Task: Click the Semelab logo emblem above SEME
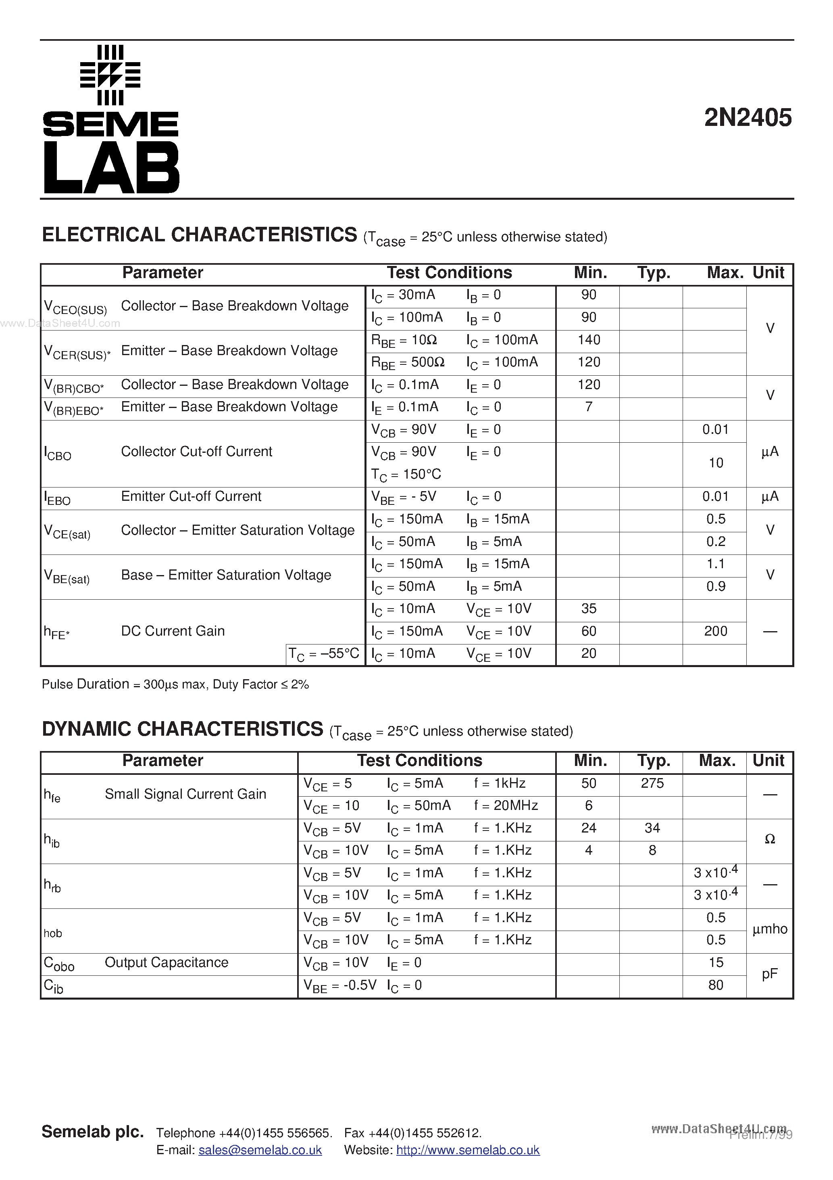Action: (x=110, y=75)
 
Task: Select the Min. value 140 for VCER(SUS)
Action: (x=589, y=340)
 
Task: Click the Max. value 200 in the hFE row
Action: (x=715, y=631)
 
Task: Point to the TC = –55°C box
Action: (x=324, y=654)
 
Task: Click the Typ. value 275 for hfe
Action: (x=652, y=783)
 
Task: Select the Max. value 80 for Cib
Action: (x=715, y=985)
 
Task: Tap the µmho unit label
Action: (x=769, y=929)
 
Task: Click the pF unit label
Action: (x=769, y=973)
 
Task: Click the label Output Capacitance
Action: (x=167, y=962)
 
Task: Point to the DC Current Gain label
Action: (x=173, y=631)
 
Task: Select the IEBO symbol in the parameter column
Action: (x=57, y=498)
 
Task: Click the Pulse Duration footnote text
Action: (x=175, y=684)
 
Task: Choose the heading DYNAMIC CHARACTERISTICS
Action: (x=182, y=729)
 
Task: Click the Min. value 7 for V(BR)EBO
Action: (x=589, y=407)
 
